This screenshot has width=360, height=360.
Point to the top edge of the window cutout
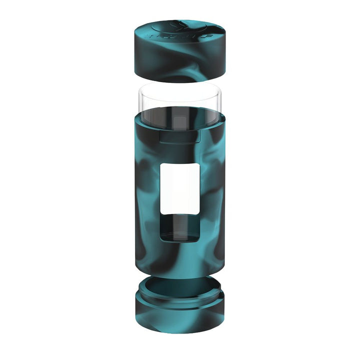click(x=179, y=163)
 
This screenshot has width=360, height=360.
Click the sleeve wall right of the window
click(x=212, y=200)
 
